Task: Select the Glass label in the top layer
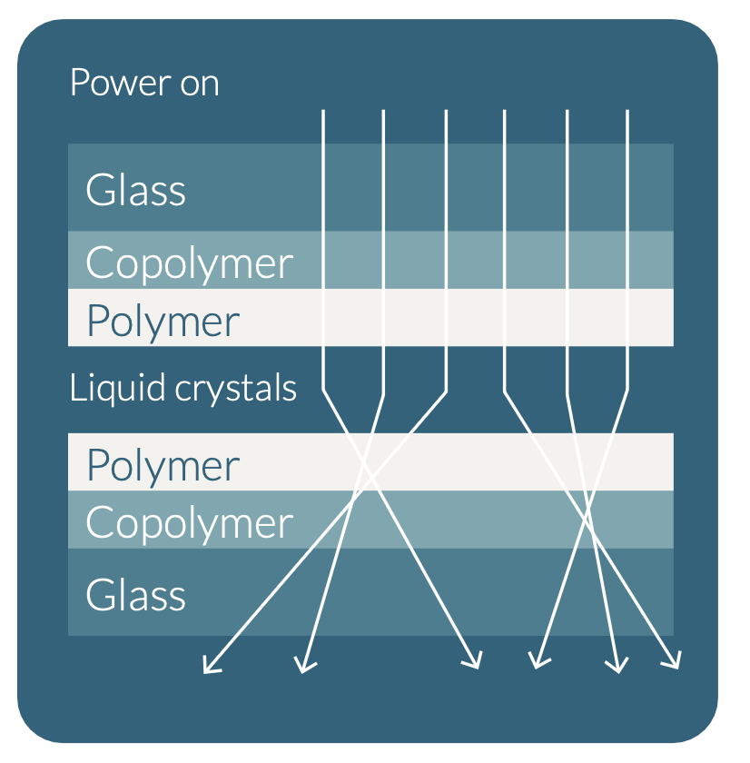tap(135, 191)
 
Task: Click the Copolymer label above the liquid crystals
tap(189, 263)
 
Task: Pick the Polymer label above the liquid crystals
tap(163, 321)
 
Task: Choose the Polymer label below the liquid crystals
tap(163, 465)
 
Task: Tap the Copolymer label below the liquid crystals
tap(189, 523)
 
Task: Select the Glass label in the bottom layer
tap(135, 596)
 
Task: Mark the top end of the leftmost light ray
tap(323, 111)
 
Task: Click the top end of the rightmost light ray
tap(627, 111)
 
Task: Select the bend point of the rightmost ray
tap(627, 391)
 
